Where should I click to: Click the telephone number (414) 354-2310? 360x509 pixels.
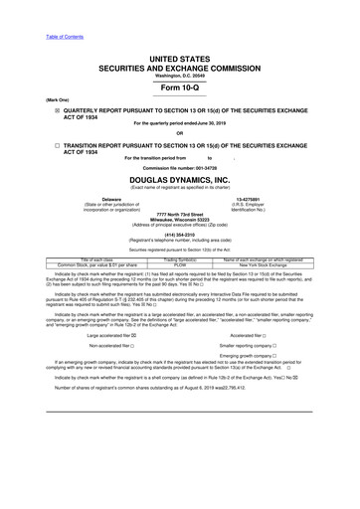[180, 237]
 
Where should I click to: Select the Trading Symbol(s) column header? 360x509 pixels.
[180, 260]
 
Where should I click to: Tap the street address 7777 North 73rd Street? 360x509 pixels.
[180, 213]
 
